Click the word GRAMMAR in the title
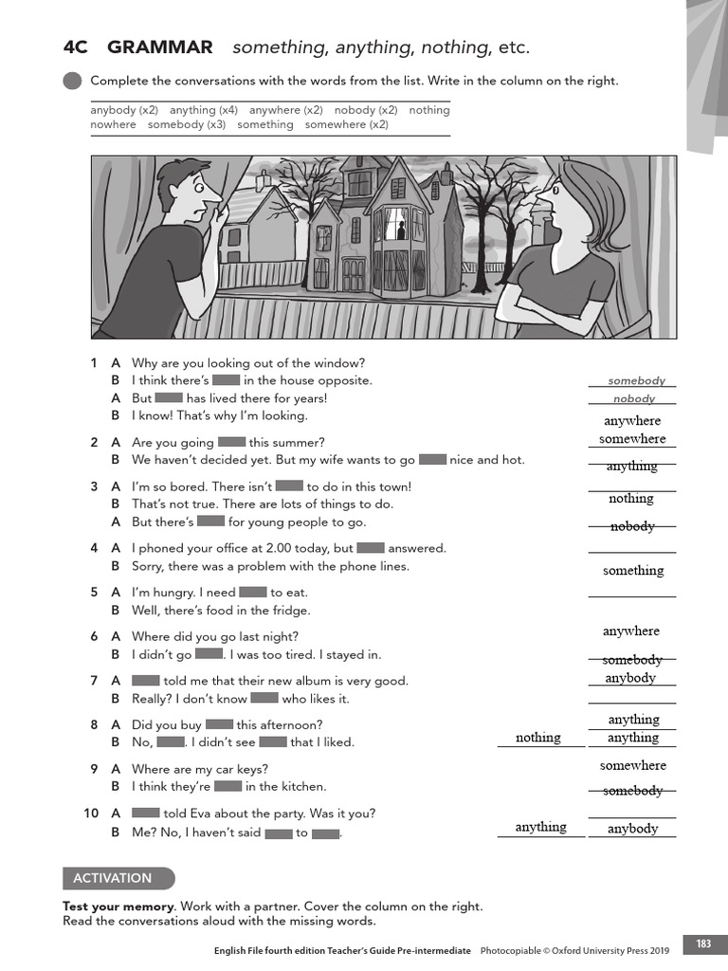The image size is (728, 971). (159, 47)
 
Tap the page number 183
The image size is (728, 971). (703, 944)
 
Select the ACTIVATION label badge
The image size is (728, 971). (118, 878)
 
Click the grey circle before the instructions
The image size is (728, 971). (72, 82)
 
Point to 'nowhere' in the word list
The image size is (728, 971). (113, 124)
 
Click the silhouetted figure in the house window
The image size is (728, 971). (401, 230)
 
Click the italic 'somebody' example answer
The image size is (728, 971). (636, 380)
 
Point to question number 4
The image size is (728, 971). (94, 548)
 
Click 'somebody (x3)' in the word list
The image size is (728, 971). (186, 124)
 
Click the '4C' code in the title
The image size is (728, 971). (75, 47)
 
